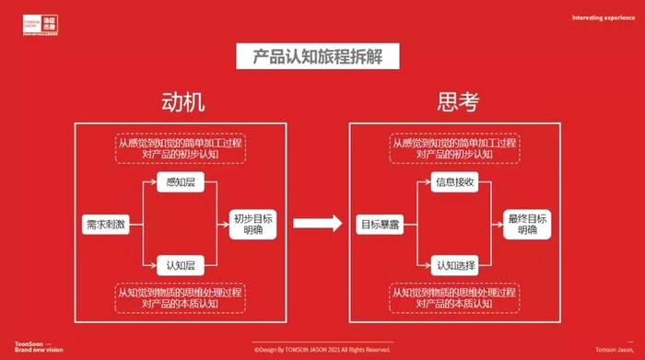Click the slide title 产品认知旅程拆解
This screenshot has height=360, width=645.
(x=322, y=56)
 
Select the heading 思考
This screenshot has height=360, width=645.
(x=458, y=102)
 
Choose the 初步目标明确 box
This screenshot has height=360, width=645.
(x=252, y=224)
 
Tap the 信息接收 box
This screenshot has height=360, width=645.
(x=454, y=182)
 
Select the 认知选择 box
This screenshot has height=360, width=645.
(x=454, y=265)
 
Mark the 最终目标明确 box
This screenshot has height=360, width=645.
(x=527, y=224)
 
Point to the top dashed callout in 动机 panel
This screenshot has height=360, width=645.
(x=181, y=149)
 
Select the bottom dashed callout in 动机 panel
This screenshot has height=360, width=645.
(x=181, y=297)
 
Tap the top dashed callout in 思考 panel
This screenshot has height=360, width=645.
(x=454, y=149)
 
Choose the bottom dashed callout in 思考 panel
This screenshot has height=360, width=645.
(x=454, y=297)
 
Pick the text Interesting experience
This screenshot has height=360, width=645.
(x=602, y=17)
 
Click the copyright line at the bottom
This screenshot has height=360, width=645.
(x=322, y=350)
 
